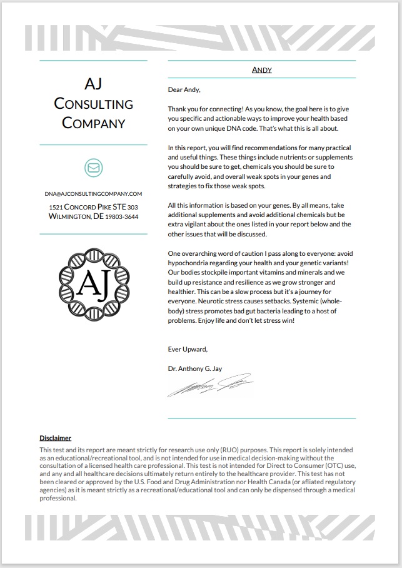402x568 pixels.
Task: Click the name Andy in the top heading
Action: pyautogui.click(x=261, y=69)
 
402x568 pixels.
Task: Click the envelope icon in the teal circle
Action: pyautogui.click(x=93, y=168)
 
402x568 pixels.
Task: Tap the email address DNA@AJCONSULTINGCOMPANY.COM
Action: pyautogui.click(x=93, y=194)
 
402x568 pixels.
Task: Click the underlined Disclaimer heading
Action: pyautogui.click(x=56, y=439)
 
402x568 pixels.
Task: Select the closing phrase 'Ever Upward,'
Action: pyautogui.click(x=188, y=349)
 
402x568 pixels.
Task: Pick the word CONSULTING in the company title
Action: pyautogui.click(x=93, y=104)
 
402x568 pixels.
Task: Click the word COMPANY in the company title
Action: pyautogui.click(x=93, y=123)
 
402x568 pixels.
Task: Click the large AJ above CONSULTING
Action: pyautogui.click(x=93, y=83)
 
